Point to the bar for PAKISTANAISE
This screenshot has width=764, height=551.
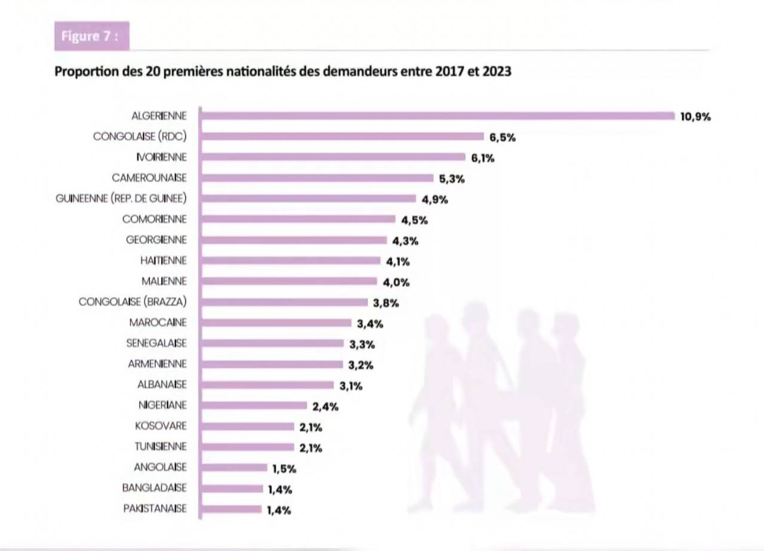pyautogui.click(x=232, y=509)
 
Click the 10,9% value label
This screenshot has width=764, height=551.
pyautogui.click(x=695, y=117)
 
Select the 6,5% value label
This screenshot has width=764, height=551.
pyautogui.click(x=503, y=137)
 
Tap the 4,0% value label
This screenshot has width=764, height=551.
pyautogui.click(x=396, y=282)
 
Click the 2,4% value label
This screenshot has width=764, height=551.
pyautogui.click(x=325, y=407)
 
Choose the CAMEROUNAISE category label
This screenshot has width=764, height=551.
pyautogui.click(x=149, y=178)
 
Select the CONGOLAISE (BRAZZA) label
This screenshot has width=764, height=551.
pyautogui.click(x=133, y=302)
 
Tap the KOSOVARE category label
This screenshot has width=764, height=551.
pyautogui.click(x=161, y=426)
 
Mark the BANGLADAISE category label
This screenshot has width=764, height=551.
pyautogui.click(x=155, y=488)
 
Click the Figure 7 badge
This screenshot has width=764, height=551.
pyautogui.click(x=91, y=36)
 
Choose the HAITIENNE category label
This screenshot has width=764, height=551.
pyautogui.click(x=164, y=261)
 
